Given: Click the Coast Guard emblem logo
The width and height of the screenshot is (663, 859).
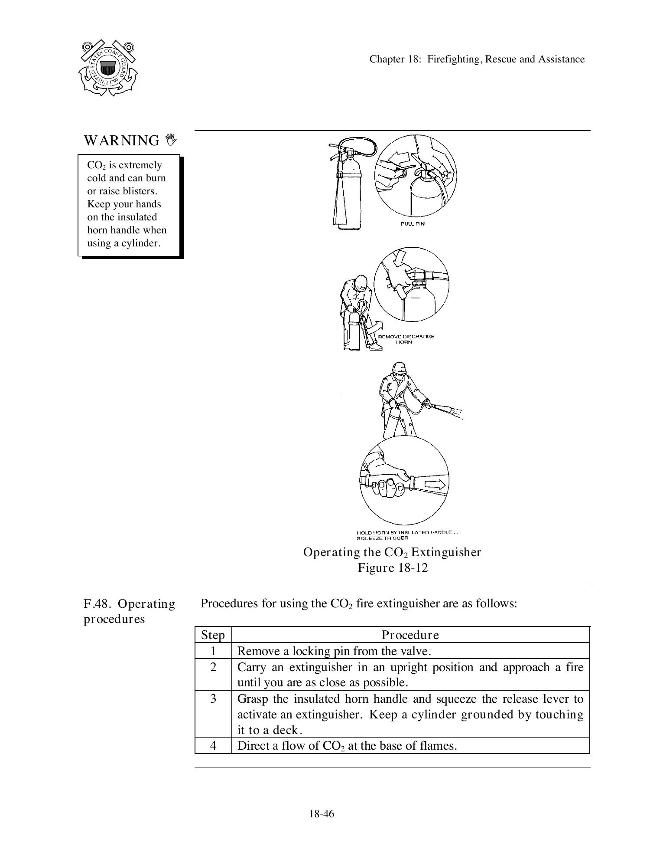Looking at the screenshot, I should [108, 68].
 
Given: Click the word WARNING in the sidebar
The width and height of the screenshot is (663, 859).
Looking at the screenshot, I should [122, 141].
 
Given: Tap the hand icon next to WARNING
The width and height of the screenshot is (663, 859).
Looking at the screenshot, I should [172, 139].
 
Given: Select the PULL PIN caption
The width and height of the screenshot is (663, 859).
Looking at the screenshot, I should [412, 224].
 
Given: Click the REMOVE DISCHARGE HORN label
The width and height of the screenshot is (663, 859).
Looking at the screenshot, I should [406, 339].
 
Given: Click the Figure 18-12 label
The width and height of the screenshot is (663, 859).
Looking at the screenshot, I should [393, 568].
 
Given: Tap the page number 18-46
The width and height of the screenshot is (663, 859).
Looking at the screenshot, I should [322, 814].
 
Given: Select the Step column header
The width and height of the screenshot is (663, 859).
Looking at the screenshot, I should [213, 635].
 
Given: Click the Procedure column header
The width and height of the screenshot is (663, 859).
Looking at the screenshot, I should [410, 635].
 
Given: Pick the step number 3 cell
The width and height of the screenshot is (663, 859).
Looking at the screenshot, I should [213, 699].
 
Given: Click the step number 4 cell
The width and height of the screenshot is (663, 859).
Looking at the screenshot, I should [213, 746].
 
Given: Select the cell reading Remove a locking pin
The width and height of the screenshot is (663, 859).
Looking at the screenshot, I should [334, 651].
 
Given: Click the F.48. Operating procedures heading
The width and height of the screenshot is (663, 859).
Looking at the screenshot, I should [129, 611].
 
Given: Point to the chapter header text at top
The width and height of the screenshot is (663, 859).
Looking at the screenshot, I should [477, 59].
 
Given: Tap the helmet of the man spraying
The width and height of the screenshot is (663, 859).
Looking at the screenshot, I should [399, 367].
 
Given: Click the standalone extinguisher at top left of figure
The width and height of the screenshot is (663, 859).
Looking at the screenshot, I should [347, 187].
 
